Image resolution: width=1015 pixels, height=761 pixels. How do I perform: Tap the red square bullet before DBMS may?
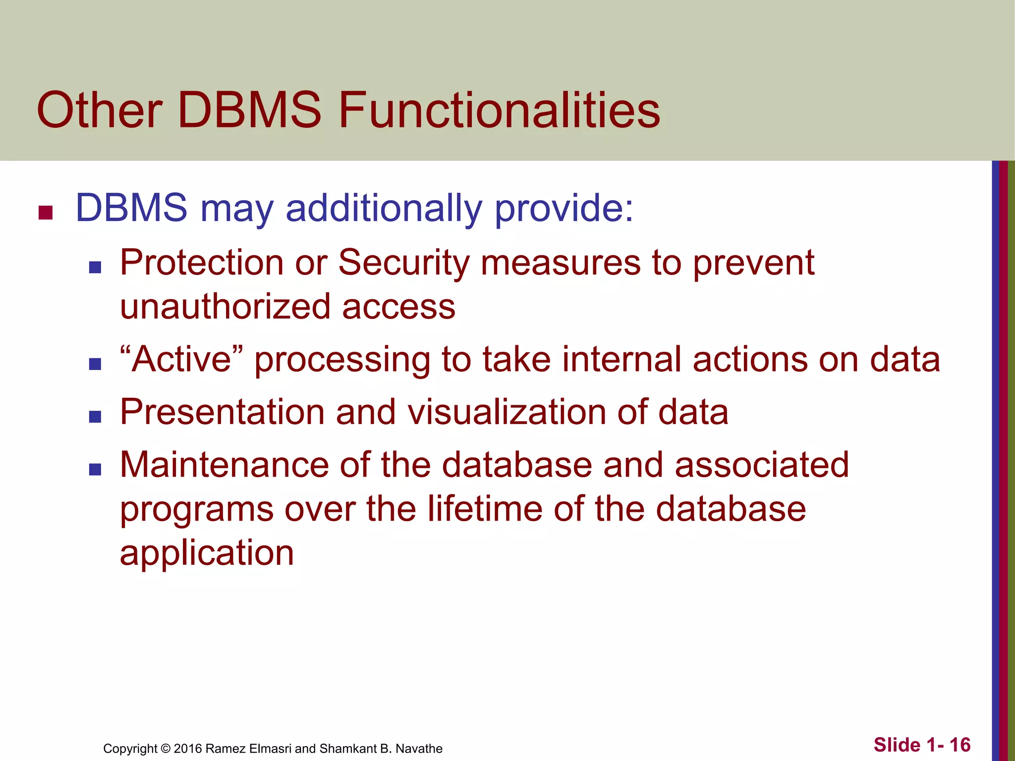pos(46,213)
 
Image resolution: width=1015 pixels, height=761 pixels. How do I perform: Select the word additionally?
pos(384,208)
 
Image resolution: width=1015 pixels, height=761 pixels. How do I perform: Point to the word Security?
pos(403,263)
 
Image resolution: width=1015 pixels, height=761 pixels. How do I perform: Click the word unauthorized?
pos(225,307)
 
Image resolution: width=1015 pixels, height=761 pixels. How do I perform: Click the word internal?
pos(621,359)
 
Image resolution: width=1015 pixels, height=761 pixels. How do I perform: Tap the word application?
pos(207,553)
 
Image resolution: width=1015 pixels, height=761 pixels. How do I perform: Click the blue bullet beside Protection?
pos(95,268)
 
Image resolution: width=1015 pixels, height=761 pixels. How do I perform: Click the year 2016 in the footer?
pos(187,749)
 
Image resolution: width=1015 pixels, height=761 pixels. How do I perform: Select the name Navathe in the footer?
pos(419,749)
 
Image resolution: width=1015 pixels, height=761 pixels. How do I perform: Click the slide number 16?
pos(959,745)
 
